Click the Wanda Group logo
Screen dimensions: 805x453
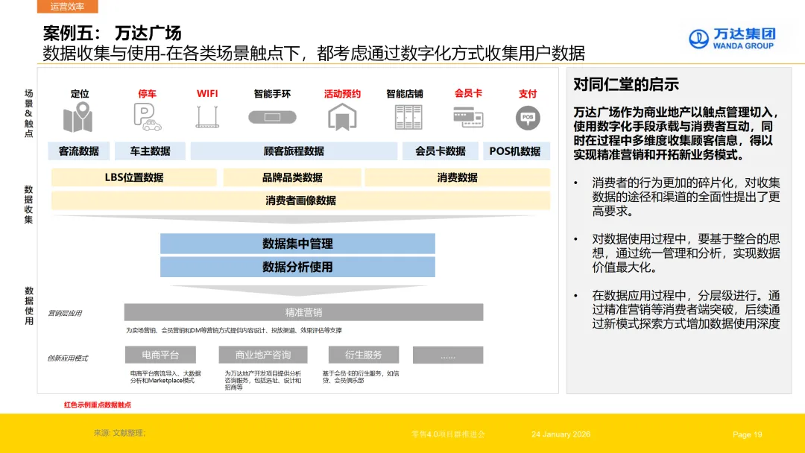[x=731, y=39]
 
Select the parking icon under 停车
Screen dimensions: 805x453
[x=147, y=118]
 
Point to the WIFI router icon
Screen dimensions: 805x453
[x=207, y=118]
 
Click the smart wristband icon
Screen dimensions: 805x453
[x=272, y=118]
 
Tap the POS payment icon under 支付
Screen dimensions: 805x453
[x=528, y=118]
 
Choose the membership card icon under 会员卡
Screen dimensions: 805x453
[x=468, y=117]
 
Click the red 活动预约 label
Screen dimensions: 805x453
[x=342, y=94]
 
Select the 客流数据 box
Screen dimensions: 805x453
[x=79, y=151]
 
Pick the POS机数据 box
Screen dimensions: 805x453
[x=515, y=151]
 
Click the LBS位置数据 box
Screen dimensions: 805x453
[x=134, y=177]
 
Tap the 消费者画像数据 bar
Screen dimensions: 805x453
[x=300, y=200]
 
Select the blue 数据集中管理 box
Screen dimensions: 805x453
[x=297, y=244]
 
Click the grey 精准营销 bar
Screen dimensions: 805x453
[x=303, y=312]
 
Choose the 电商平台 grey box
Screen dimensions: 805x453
[x=160, y=355]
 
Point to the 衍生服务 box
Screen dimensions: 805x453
[x=364, y=355]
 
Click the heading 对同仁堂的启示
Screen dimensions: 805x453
[x=626, y=84]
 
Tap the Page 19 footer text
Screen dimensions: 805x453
[x=748, y=434]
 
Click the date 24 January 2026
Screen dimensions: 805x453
[x=561, y=434]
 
